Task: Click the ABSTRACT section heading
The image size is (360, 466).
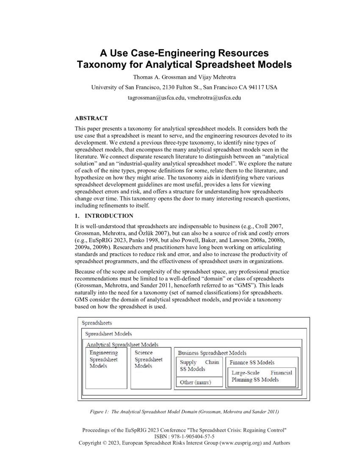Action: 91,118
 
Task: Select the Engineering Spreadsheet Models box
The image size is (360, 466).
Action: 106,368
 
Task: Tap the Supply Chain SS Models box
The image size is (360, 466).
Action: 199,366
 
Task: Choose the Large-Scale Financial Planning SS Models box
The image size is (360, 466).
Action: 262,376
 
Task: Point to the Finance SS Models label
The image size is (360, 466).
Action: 252,362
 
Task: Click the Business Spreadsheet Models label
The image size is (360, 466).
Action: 212,352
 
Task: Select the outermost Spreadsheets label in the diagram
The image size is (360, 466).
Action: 97,323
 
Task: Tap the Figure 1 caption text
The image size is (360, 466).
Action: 184,411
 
